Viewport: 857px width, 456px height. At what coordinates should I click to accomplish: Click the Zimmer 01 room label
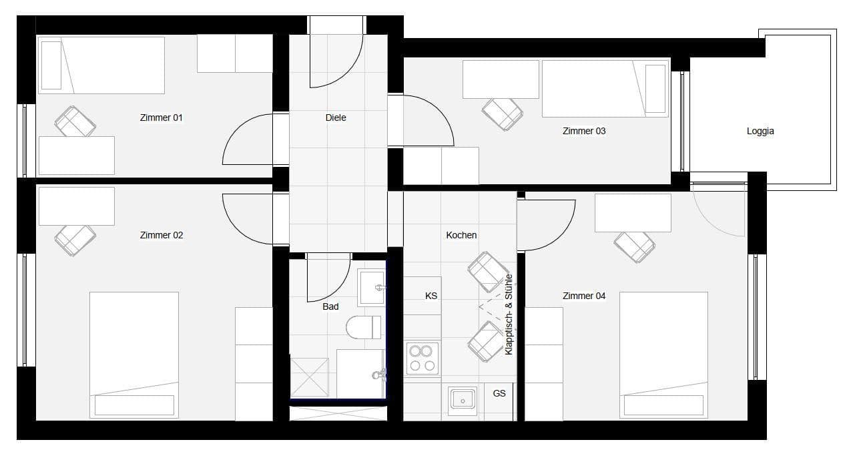point(161,118)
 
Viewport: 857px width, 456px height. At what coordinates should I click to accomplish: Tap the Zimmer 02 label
point(161,235)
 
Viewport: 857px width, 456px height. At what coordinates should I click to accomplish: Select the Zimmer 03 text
point(584,131)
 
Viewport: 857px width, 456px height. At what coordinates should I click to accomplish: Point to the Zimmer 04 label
point(584,296)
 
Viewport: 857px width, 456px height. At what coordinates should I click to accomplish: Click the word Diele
point(336,118)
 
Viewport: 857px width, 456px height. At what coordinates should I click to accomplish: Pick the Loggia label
point(760,132)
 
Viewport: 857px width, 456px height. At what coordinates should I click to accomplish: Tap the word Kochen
point(461,235)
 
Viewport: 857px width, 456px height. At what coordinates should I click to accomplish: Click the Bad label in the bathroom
point(330,306)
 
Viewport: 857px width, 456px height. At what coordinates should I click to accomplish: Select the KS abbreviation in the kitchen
point(431,295)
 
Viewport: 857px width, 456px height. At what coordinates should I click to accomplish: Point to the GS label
point(499,393)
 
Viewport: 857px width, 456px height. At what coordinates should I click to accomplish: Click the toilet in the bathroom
point(362,327)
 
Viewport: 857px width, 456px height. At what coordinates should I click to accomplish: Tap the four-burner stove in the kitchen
point(422,359)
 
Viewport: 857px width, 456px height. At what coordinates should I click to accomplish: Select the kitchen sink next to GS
point(462,399)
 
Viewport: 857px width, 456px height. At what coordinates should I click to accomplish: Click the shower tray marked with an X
point(309,377)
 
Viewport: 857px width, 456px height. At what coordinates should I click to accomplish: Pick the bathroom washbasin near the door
point(371,287)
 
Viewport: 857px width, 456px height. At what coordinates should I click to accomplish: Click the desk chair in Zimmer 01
point(75,122)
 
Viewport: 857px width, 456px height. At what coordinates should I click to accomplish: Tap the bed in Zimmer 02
point(134,355)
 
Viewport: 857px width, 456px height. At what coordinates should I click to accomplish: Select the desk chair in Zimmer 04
point(634,246)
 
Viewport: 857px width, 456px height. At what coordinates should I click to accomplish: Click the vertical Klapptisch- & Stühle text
point(509,314)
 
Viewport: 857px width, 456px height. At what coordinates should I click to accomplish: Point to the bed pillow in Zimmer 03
point(655,88)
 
